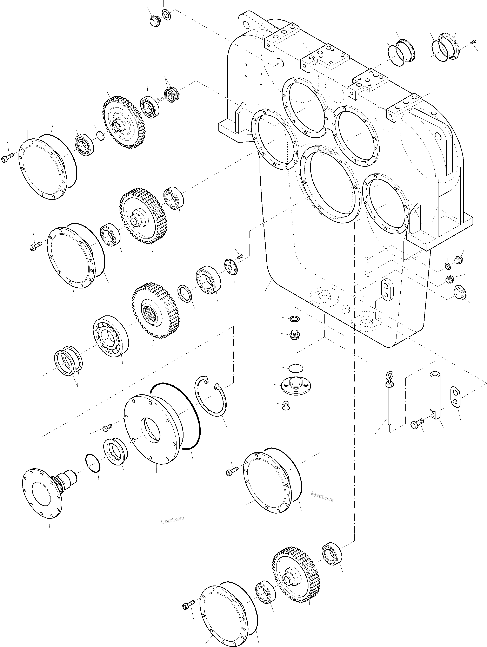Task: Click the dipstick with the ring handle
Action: tap(390, 401)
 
